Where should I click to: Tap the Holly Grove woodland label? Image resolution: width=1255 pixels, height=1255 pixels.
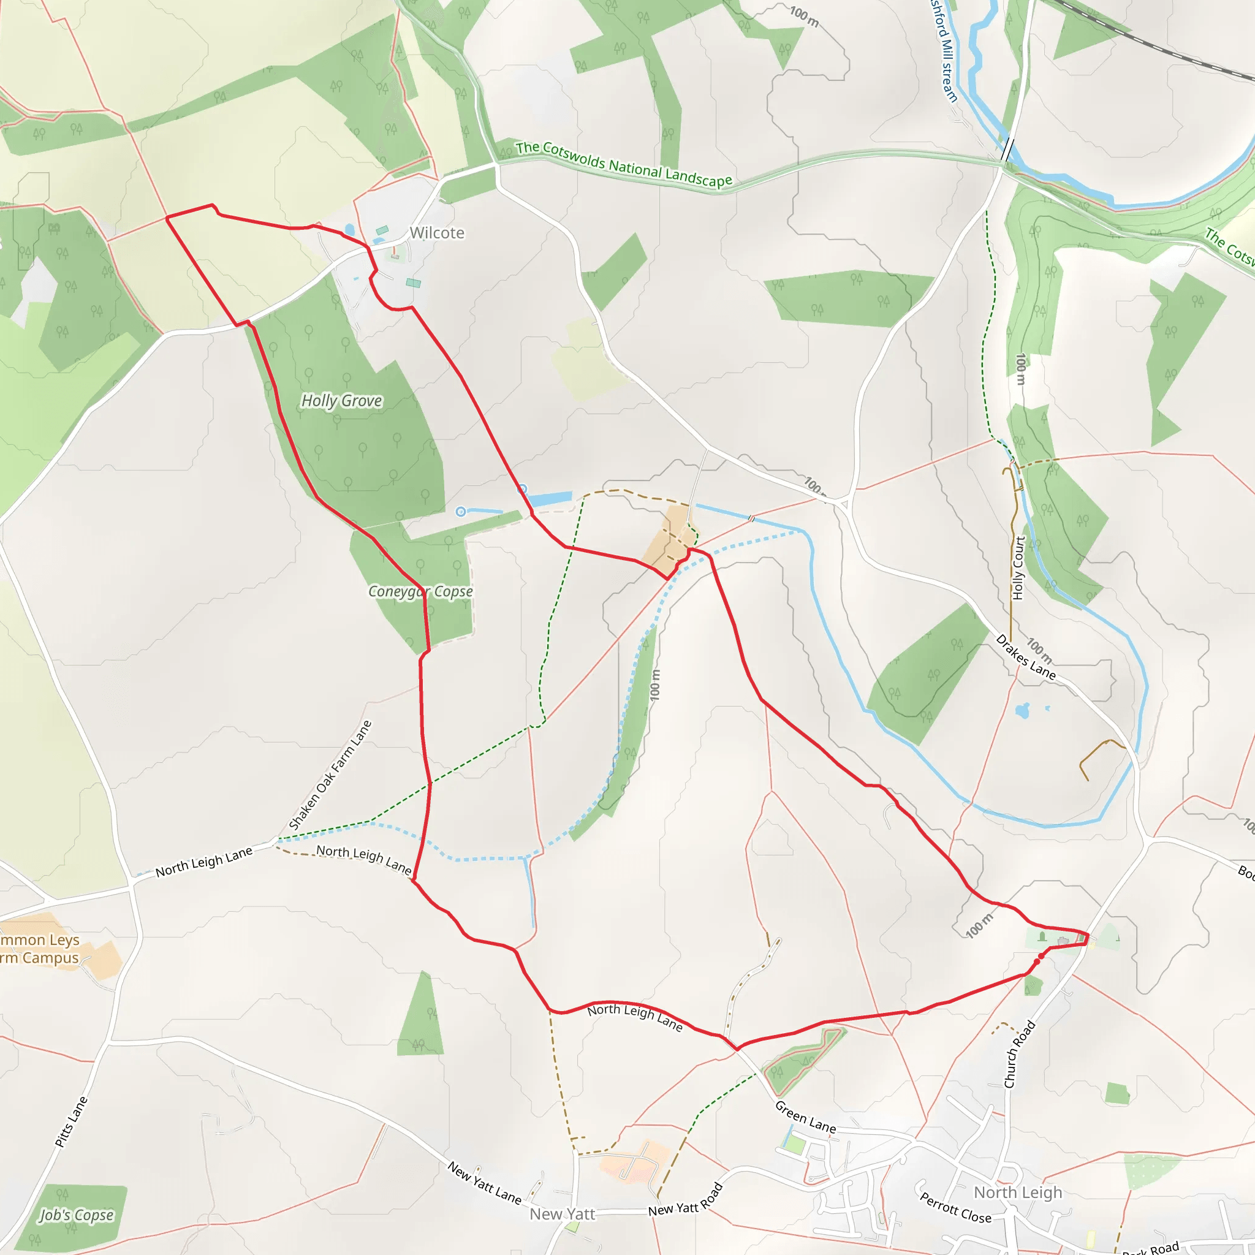pos(342,401)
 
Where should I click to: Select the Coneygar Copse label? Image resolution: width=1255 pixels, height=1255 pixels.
pos(420,591)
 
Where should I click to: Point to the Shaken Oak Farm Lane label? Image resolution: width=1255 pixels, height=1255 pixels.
pos(330,775)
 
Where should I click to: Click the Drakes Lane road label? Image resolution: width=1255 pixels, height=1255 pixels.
pos(1026,658)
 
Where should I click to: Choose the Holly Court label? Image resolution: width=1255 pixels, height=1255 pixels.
pos(1018,567)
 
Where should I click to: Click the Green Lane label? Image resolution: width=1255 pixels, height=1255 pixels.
pos(805,1117)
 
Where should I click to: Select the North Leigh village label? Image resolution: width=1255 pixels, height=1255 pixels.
pos(1018,1192)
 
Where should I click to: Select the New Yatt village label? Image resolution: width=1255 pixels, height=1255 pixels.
pos(562,1214)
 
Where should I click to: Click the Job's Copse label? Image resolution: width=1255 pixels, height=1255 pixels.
pos(77,1215)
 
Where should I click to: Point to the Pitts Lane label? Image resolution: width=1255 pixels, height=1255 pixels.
pos(71,1122)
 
